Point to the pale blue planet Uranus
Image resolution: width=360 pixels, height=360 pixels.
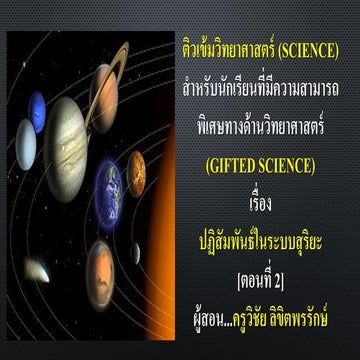coord(25,143)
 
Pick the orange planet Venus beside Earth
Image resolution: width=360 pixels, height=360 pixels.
coord(136,173)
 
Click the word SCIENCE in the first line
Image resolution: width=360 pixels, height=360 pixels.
coord(309,51)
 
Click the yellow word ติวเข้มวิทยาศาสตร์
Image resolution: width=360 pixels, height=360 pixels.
coord(224,51)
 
